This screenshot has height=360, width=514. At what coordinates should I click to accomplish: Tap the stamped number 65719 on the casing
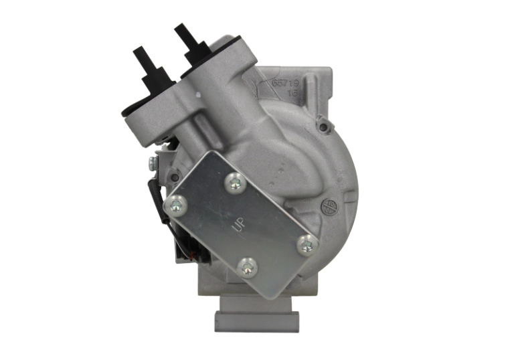[x=284, y=84]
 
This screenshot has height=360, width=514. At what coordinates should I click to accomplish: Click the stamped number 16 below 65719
[x=292, y=95]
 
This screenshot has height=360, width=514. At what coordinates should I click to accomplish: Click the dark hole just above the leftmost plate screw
[x=177, y=175]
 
